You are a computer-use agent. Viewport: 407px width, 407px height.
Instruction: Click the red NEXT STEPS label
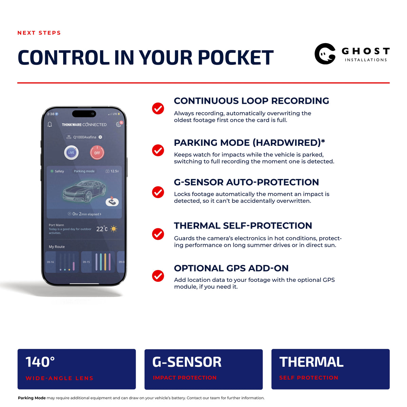tap(39, 33)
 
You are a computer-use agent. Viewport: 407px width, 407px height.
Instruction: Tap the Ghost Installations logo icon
tap(325, 54)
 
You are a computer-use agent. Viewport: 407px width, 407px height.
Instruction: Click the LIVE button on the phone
tap(71, 153)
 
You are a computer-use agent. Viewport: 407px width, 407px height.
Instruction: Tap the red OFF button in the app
tap(97, 153)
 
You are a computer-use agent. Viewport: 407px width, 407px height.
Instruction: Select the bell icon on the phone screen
tap(50, 124)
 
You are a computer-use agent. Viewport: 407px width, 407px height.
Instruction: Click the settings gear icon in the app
tap(118, 124)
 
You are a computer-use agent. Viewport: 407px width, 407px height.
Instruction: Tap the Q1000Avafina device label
tap(84, 137)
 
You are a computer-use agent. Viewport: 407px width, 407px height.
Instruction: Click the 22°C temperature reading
tap(102, 229)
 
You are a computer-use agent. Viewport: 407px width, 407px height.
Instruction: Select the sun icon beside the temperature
tap(114, 229)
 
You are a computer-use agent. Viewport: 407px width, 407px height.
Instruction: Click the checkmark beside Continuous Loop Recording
tap(158, 108)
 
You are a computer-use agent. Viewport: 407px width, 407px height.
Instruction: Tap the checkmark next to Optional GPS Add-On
tap(158, 276)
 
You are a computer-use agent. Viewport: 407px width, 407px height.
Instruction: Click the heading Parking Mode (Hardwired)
tap(249, 143)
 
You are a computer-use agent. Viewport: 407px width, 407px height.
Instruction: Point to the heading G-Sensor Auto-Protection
tap(246, 182)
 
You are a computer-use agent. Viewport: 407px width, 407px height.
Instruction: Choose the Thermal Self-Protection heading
tap(243, 226)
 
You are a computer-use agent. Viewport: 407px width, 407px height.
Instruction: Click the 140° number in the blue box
tap(40, 362)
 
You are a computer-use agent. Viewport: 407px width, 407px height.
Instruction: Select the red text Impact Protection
tap(185, 377)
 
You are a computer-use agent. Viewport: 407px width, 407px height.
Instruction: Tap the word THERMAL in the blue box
tap(311, 362)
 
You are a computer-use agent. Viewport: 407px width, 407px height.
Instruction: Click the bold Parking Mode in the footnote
tap(32, 398)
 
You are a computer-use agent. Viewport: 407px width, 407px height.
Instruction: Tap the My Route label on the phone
tap(57, 247)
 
